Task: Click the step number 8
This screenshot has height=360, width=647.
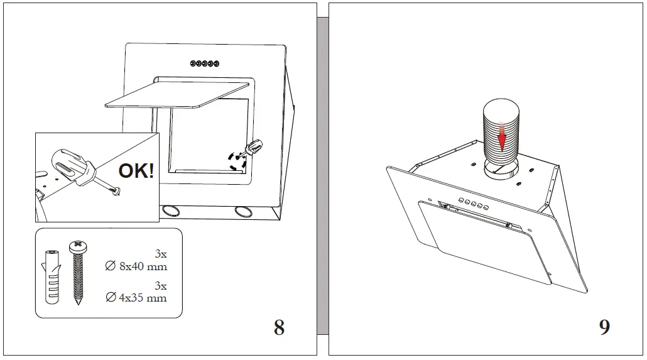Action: click(x=279, y=327)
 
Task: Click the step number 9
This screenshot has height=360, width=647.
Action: click(x=604, y=327)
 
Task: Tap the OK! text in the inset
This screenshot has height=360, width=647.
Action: click(x=136, y=170)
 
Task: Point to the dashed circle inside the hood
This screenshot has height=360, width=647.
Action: click(x=237, y=160)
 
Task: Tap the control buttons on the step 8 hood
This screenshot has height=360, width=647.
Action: click(x=205, y=63)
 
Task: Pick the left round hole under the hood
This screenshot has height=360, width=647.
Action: click(x=169, y=210)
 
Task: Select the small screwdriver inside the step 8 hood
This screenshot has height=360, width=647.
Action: click(x=255, y=147)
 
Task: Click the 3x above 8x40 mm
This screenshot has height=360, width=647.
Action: click(x=160, y=254)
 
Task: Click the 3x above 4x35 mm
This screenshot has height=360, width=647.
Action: click(x=160, y=285)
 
